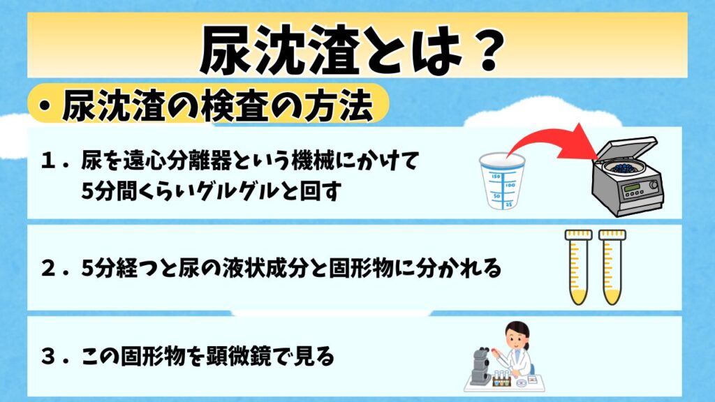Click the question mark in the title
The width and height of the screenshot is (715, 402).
[488, 50]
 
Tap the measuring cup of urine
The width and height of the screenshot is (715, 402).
[501, 181]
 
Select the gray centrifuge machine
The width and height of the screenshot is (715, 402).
[627, 175]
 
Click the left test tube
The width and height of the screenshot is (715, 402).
[578, 267]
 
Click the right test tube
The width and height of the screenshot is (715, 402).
[612, 267]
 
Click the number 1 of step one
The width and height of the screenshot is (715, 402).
[47, 161]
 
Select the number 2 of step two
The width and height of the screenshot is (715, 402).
[48, 269]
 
